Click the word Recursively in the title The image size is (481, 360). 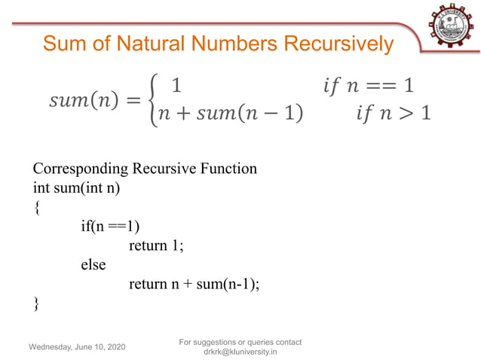pos(339,44)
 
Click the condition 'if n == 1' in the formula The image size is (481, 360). pos(369,84)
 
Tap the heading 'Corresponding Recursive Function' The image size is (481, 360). pos(145,168)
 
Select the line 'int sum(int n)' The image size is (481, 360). pos(77,187)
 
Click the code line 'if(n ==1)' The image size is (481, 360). pos(111,226)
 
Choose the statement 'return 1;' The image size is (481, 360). pos(156,246)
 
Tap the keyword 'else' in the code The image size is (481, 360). pos(93,264)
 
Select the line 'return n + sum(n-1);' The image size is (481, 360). pos(194,284)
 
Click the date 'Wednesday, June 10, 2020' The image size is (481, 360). pos(78,346)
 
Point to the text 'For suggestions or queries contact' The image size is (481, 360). pos(240,342)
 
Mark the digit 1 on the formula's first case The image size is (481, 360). pos(176,84)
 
